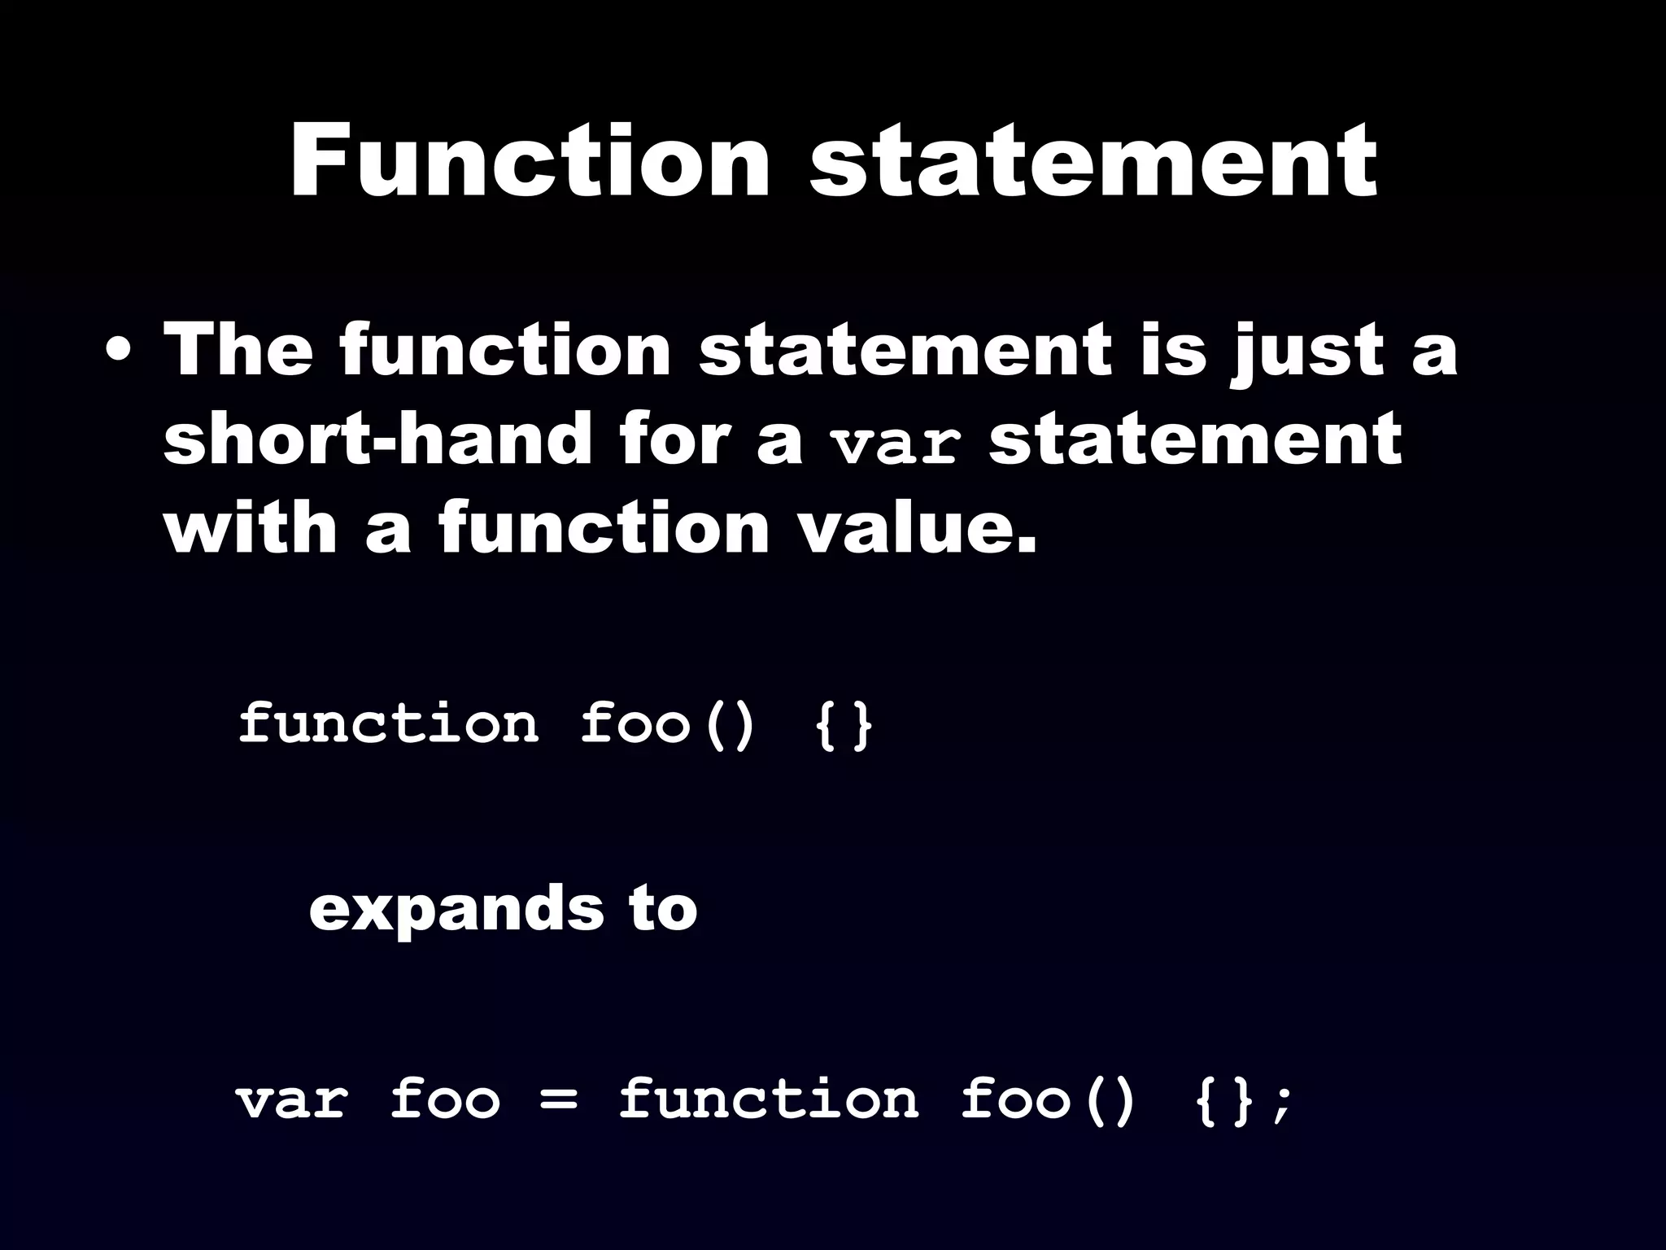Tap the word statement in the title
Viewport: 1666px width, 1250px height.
pyautogui.click(x=1093, y=163)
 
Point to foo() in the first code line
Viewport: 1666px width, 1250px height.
pyautogui.click(x=668, y=723)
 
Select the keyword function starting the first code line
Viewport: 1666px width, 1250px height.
pyautogui.click(x=389, y=723)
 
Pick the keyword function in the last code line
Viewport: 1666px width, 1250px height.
pyautogui.click(x=768, y=1099)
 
